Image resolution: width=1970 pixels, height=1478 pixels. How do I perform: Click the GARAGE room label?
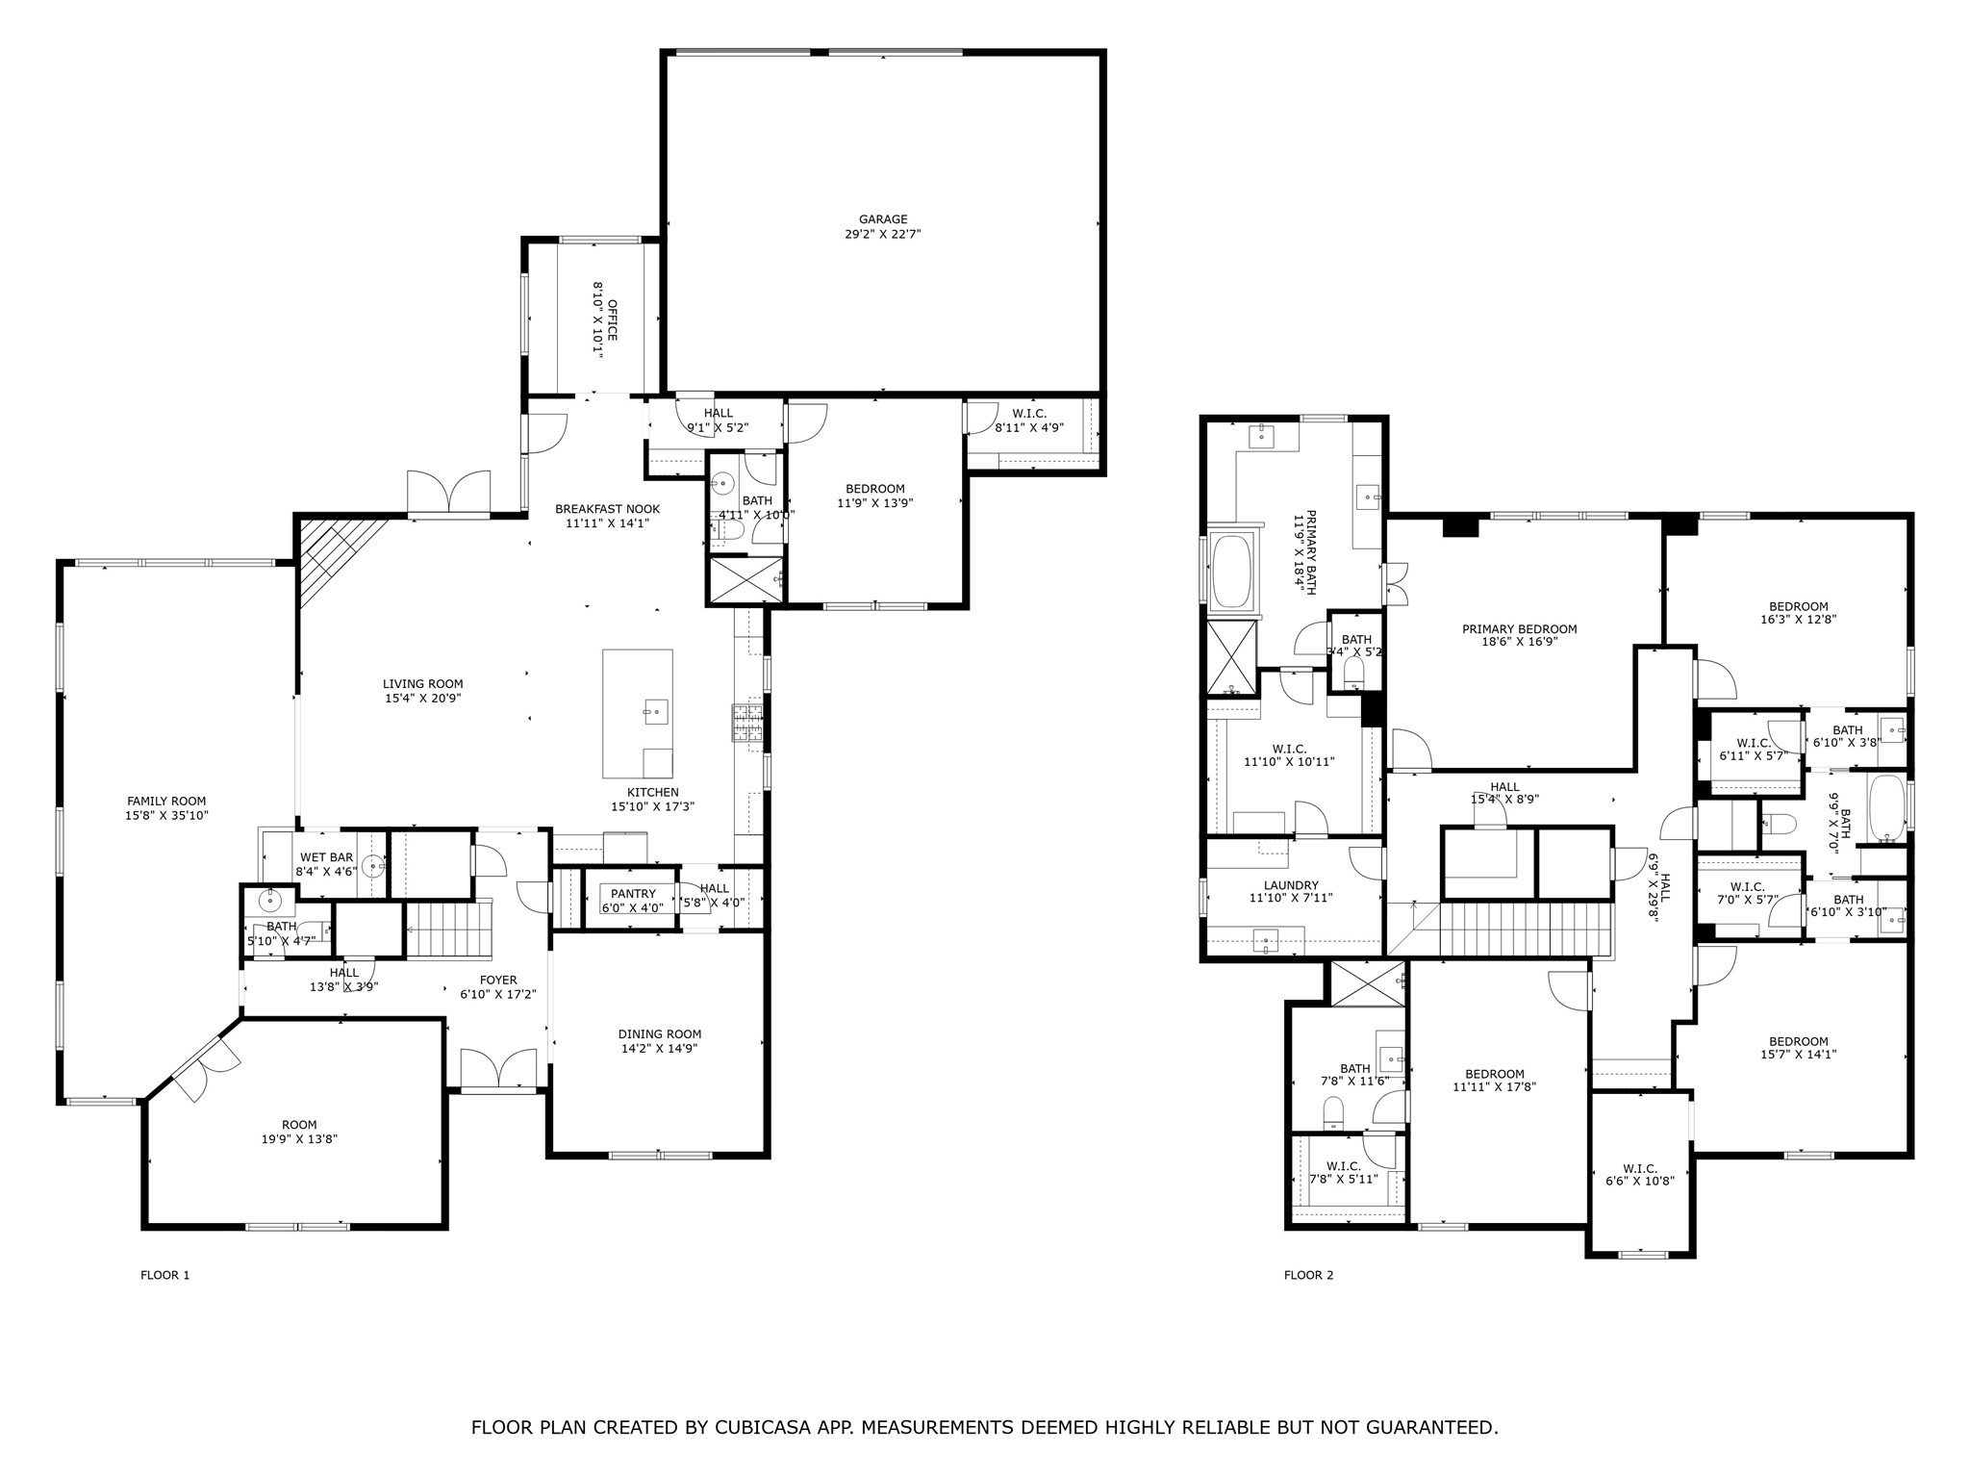coord(883,219)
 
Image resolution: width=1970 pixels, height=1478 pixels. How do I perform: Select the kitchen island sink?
coord(655,712)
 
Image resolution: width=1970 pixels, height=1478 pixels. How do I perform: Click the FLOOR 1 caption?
coord(165,1275)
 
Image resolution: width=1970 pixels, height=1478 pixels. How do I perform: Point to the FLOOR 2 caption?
coord(1308,1275)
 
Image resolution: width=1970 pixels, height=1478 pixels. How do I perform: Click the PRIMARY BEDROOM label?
coord(1519,629)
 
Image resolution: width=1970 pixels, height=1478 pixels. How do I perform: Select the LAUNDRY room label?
coord(1291,885)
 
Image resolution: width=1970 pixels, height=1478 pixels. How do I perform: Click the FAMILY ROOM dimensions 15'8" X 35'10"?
coord(166,815)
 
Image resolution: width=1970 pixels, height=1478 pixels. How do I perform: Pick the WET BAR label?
coord(327,857)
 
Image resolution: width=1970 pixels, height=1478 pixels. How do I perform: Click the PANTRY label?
coord(632,894)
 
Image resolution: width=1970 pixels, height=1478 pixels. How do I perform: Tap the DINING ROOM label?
coord(659,1034)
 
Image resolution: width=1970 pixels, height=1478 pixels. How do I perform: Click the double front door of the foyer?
coord(498,1068)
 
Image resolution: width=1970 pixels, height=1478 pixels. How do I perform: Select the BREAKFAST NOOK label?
coord(607,509)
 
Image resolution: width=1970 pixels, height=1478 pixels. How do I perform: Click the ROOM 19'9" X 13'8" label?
coord(299,1125)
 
